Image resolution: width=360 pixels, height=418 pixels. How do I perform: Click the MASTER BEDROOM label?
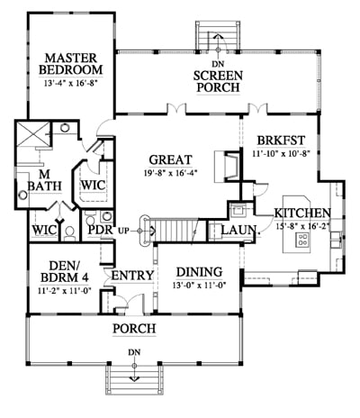71,64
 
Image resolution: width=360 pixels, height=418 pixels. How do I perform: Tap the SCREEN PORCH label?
218,82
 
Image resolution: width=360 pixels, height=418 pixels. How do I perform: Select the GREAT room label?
170,159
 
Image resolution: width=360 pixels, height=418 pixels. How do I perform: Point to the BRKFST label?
281,141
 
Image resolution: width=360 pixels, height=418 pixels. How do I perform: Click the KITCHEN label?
302,213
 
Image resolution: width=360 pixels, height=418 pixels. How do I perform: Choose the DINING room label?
200,272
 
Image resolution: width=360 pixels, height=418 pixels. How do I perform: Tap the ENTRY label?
132,276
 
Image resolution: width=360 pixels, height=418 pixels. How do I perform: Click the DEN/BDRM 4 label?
65,272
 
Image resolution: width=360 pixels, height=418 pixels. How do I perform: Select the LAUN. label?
239,231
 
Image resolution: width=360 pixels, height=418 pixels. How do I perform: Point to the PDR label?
101,230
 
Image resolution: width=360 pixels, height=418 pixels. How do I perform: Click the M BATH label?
44,180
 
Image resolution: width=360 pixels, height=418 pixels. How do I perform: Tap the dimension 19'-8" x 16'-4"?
170,173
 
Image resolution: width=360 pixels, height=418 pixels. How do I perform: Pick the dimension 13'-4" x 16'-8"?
71,83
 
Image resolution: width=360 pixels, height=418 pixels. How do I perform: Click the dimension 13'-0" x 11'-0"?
200,285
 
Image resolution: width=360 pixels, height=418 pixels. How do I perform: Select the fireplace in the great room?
227,167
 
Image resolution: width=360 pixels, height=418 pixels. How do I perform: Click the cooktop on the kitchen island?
301,240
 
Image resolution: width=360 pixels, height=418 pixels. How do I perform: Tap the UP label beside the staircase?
125,232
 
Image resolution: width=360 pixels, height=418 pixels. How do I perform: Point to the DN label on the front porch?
134,352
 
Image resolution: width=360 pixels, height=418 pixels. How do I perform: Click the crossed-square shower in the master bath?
32,133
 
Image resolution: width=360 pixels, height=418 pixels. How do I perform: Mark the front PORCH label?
134,329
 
